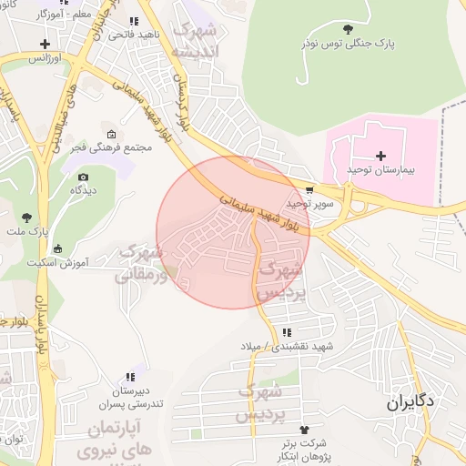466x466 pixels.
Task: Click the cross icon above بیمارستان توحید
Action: [380, 156]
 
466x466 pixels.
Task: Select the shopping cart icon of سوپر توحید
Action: [310, 191]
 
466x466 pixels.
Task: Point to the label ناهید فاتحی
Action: [134, 35]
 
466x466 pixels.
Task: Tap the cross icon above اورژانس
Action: [45, 44]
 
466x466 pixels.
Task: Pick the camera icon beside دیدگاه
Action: [84, 177]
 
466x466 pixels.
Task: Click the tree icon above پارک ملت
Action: [26, 218]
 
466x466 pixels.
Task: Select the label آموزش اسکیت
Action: [82, 263]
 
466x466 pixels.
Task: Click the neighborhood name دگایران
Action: [409, 400]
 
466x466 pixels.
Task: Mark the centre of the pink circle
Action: [233, 232]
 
